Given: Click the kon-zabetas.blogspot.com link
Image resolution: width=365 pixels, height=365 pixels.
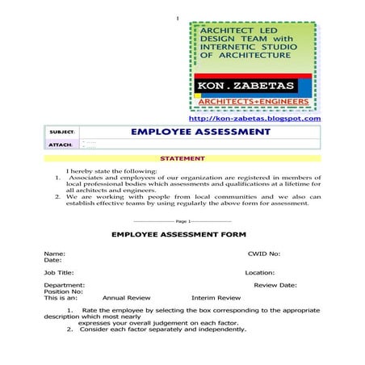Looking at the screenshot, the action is [x=254, y=119].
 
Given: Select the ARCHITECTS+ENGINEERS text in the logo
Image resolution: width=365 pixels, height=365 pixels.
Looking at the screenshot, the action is [x=254, y=102].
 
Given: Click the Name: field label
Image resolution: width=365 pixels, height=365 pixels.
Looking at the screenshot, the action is [x=54, y=253].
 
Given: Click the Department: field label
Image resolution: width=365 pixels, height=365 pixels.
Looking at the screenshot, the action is [x=65, y=285].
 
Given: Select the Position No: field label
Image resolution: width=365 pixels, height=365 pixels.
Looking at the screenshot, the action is [x=63, y=292].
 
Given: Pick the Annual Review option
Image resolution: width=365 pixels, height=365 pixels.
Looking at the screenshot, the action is [x=127, y=298].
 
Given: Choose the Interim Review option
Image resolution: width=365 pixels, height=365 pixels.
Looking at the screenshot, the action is [x=216, y=298].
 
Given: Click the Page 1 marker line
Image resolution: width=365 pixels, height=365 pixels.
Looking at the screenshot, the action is [x=182, y=220].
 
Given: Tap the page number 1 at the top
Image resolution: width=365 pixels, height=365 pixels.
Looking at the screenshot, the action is [x=176, y=18].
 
